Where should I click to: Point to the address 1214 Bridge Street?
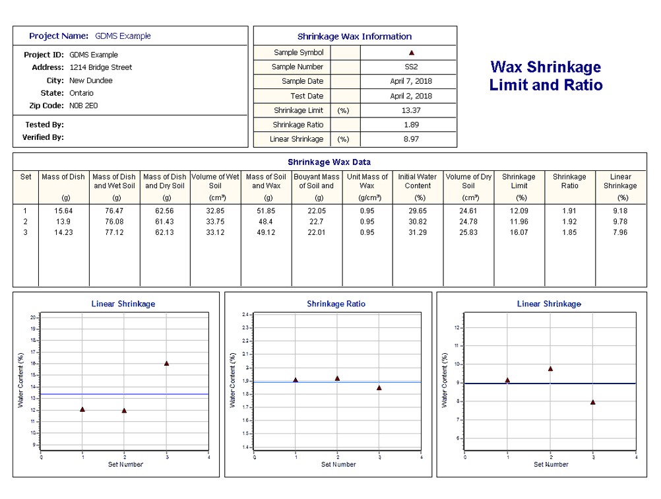(x=100, y=67)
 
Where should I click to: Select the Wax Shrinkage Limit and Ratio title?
(x=546, y=76)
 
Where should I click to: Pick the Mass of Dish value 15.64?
(x=63, y=210)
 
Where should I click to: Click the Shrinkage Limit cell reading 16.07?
(x=519, y=232)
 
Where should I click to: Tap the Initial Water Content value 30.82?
(x=418, y=221)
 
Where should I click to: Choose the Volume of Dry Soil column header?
(x=468, y=181)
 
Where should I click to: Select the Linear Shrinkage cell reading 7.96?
(x=621, y=232)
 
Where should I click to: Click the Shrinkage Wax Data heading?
(x=329, y=162)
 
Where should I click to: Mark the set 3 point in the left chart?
(x=166, y=363)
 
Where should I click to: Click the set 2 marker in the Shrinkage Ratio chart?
(x=337, y=378)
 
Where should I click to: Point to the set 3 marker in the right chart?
(x=593, y=402)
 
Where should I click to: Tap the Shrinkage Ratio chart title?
(x=336, y=304)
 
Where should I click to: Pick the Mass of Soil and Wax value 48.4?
(x=268, y=221)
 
